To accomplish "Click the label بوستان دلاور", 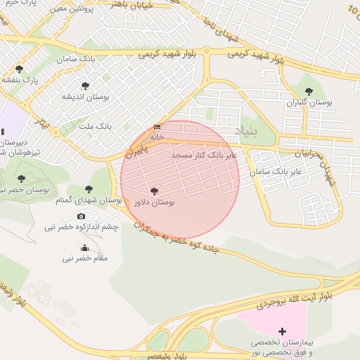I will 154,202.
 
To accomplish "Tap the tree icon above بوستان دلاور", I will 154,191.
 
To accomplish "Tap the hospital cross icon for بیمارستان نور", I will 283,330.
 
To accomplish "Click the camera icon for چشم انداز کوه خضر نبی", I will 81,216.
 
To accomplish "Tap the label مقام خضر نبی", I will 85,258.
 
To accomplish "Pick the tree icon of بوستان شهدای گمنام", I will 89,188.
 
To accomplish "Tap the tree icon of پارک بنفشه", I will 19,69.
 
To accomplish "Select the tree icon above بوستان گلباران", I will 309,91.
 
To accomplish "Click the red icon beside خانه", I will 156,127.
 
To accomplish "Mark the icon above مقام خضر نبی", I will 85,247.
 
